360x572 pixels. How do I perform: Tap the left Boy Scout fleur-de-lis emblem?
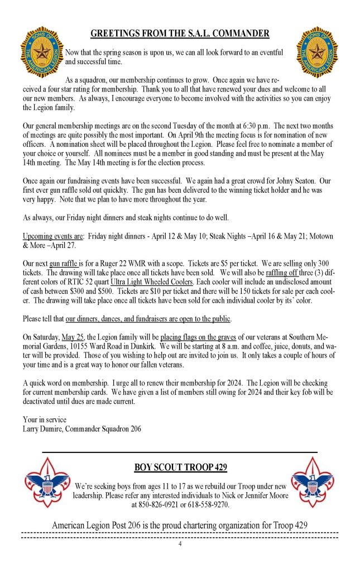(46, 482)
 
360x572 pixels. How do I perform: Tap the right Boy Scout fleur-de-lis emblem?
(313, 482)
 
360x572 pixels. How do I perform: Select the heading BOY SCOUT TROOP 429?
(180, 467)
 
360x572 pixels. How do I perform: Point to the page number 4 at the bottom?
(180, 545)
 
